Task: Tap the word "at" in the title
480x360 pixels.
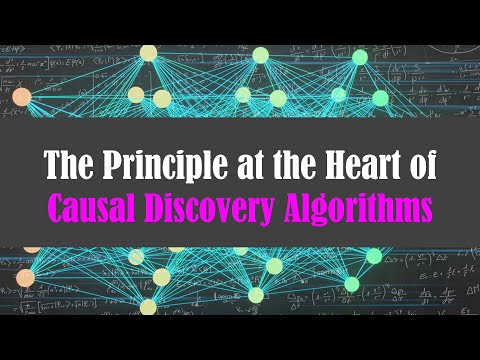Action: (x=240, y=166)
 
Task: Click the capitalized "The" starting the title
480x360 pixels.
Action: (x=66, y=166)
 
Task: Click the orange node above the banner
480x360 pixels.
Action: (x=21, y=97)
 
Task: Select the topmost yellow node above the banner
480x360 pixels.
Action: (x=149, y=52)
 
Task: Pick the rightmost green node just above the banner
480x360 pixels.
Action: (x=380, y=97)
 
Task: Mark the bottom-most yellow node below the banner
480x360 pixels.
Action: (x=148, y=307)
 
